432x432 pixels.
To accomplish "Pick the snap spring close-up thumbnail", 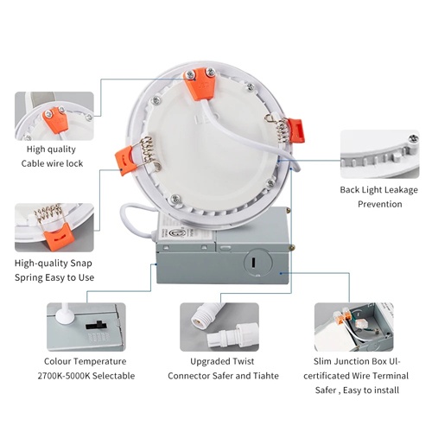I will [54, 226].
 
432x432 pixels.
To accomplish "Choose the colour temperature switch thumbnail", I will [86, 327].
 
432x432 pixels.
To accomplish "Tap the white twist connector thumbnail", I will [218, 327].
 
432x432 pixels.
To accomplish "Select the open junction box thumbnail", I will [353, 327].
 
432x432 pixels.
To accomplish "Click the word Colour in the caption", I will [62, 361].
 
